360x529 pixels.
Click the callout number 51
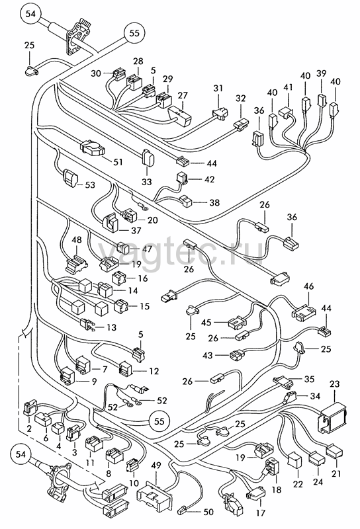(x=118, y=162)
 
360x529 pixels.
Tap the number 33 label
(x=146, y=181)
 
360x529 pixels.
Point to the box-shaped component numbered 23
(x=332, y=418)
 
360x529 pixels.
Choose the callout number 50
(x=208, y=512)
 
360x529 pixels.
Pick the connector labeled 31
(x=220, y=114)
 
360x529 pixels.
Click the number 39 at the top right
(x=322, y=73)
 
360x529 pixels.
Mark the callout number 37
(x=136, y=230)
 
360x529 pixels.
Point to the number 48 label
(x=77, y=240)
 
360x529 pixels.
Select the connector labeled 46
(x=304, y=311)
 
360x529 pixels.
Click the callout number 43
(x=208, y=355)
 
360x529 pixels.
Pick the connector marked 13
(x=87, y=325)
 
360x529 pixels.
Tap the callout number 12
(x=154, y=371)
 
